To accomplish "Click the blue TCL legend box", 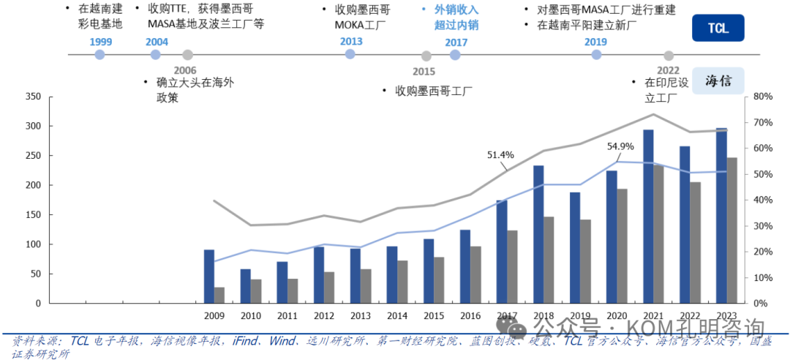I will (x=718, y=29).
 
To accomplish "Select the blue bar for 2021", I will (x=648, y=217).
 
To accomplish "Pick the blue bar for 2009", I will (x=209, y=277).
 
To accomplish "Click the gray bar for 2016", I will (x=475, y=274).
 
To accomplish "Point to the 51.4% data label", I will (x=501, y=155).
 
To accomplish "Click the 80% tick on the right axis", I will (x=762, y=97).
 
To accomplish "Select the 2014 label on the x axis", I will (x=397, y=315).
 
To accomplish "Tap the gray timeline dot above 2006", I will (x=187, y=55).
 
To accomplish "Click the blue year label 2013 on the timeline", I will (x=351, y=42).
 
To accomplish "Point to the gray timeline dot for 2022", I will (x=668, y=55).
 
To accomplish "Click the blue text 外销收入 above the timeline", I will (x=456, y=10).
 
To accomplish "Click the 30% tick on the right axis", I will (x=762, y=226).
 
